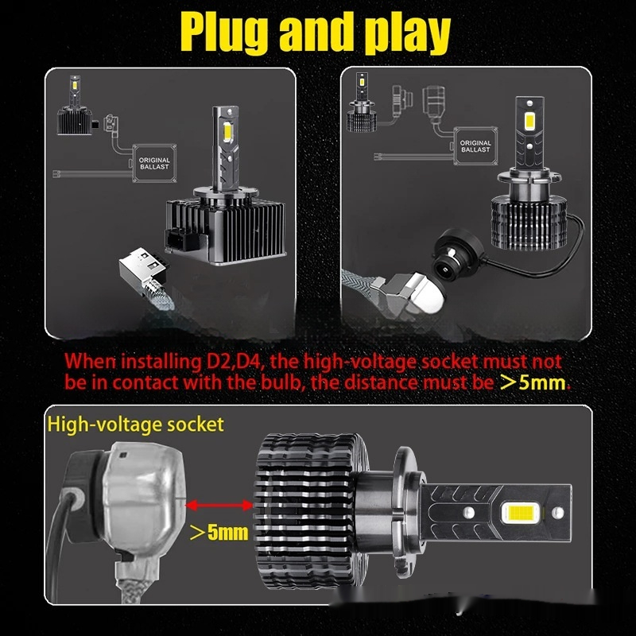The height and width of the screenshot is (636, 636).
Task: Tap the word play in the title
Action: point(407,33)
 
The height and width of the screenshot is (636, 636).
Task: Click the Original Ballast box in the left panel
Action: point(154,163)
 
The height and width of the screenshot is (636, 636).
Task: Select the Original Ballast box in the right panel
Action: point(475,146)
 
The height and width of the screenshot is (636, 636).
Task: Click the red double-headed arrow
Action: point(219,505)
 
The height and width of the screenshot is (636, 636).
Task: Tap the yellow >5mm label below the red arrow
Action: point(219,532)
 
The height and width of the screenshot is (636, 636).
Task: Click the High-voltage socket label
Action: point(135,425)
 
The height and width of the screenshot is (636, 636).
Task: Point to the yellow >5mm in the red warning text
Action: point(533,382)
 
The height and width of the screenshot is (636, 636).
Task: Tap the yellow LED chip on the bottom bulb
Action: point(521,513)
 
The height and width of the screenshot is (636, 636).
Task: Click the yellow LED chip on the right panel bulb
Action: point(529,122)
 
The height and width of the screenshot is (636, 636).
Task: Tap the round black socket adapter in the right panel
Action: point(458,250)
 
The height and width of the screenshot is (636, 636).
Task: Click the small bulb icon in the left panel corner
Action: point(74,107)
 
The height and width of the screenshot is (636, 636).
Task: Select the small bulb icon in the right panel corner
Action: point(362,103)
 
